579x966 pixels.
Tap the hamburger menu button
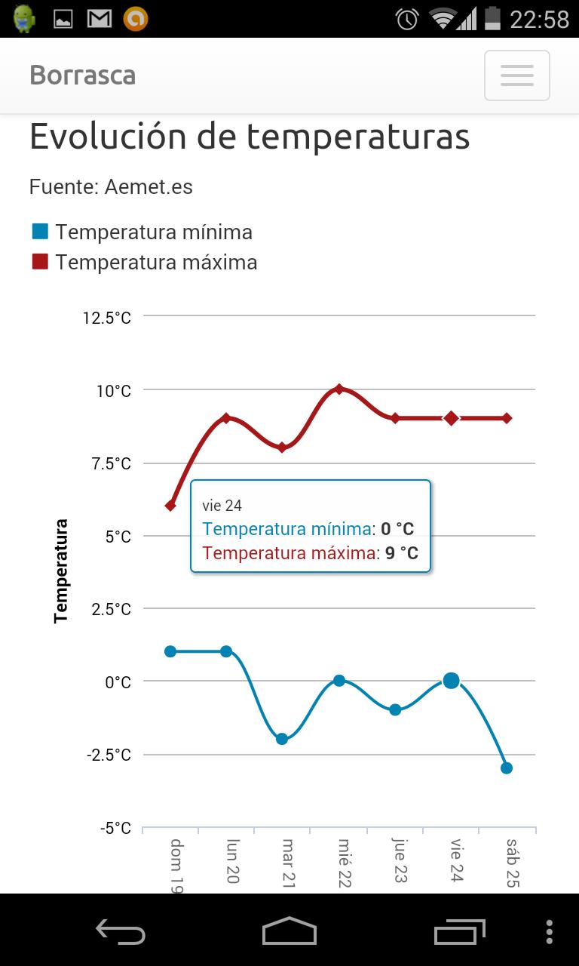[516, 75]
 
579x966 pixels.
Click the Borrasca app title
[83, 75]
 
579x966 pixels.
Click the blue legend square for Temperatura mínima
[40, 231]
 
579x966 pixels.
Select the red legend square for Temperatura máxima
[40, 261]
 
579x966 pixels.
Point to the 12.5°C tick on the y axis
[107, 318]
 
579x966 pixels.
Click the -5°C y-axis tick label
[115, 829]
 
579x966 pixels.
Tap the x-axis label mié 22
[344, 862]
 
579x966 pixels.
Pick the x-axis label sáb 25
[512, 862]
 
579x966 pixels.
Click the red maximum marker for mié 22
[339, 389]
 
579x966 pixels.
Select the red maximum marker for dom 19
[170, 506]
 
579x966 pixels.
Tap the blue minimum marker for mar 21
[282, 739]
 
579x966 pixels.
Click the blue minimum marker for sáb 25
[507, 768]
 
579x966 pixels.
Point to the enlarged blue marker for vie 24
[451, 681]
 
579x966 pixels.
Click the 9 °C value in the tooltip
[401, 553]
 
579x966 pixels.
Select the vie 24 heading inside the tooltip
[222, 506]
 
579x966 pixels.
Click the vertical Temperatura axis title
[61, 571]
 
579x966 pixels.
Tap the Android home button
[289, 931]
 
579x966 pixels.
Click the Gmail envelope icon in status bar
[100, 19]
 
